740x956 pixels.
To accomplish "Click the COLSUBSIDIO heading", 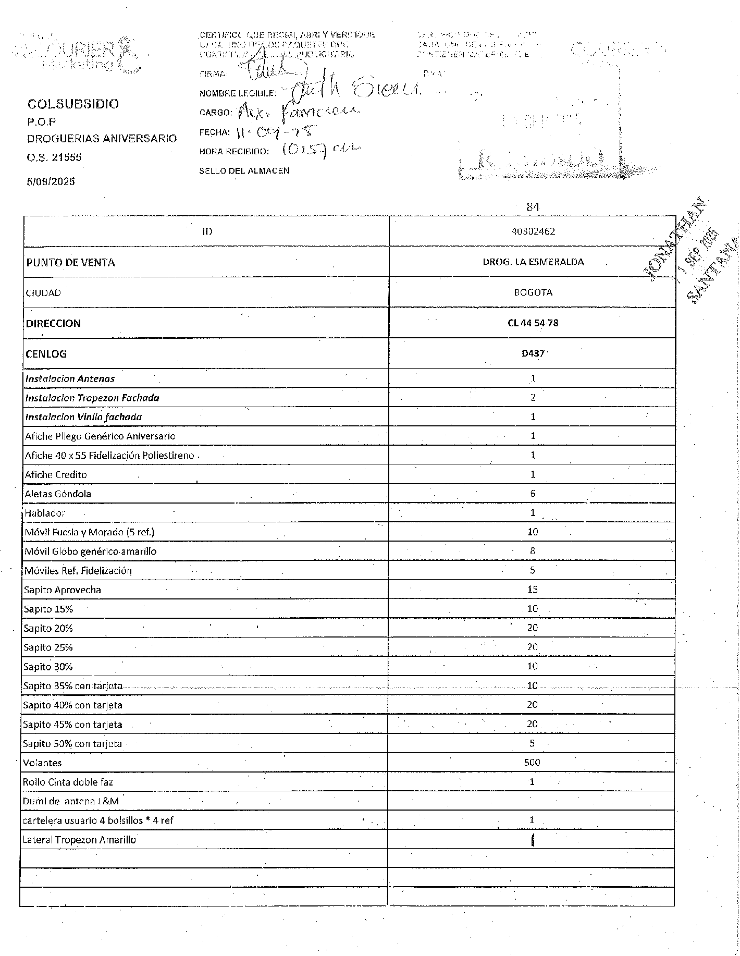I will click(x=73, y=104).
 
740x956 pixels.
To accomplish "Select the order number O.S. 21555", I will click(x=54, y=157).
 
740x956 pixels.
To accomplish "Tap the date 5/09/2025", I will click(x=51, y=181).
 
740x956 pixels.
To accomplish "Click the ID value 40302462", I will click(x=533, y=231).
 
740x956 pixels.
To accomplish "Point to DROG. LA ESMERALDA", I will click(x=533, y=262).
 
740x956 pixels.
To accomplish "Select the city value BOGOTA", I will click(x=533, y=292).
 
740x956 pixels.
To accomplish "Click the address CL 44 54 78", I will click(x=533, y=323).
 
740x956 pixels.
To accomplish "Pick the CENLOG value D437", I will click(x=533, y=353).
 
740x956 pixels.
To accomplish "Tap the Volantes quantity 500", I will click(x=532, y=763).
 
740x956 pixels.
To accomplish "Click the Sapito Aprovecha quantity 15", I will click(x=532, y=590).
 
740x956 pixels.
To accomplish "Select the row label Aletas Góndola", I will click(x=58, y=494).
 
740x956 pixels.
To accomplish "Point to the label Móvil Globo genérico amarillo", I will click(x=90, y=551).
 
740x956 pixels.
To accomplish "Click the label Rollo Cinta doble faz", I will click(x=68, y=782).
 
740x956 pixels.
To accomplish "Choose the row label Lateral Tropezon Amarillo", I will click(x=79, y=840).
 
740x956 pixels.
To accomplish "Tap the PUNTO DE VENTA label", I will click(x=70, y=262).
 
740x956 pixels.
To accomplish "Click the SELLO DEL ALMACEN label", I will click(x=244, y=170).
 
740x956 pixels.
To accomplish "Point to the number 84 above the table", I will click(x=532, y=207).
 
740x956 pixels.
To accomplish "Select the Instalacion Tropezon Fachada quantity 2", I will click(x=533, y=398).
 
